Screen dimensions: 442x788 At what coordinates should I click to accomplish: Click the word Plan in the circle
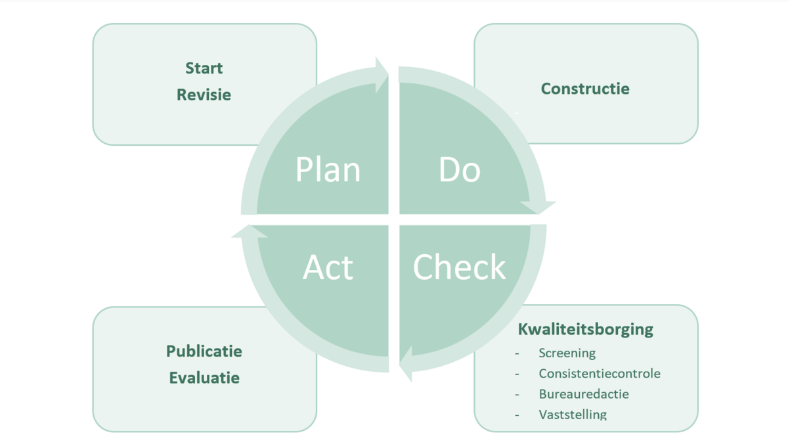point(328,170)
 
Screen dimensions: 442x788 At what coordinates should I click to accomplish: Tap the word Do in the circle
point(460,170)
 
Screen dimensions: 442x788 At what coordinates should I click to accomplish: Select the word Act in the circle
point(328,268)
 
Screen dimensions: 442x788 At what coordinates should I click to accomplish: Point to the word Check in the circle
point(460,268)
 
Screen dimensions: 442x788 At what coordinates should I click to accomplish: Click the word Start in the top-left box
point(204,68)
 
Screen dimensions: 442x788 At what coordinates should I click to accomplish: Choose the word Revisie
point(204,95)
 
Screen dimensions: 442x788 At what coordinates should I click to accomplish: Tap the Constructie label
point(585,89)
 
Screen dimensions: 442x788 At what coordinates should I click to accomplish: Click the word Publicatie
point(204,351)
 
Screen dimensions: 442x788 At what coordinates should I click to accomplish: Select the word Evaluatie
point(204,378)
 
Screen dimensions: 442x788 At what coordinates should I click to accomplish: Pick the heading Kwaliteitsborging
point(586,330)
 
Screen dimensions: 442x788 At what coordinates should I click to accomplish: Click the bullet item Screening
point(567,353)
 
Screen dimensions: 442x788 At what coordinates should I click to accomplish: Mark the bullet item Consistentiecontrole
point(600,374)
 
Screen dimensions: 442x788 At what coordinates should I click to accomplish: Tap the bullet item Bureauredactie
point(584,394)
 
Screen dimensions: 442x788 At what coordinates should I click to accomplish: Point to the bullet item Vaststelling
point(573,414)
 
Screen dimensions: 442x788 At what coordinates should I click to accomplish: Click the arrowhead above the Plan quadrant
point(381,74)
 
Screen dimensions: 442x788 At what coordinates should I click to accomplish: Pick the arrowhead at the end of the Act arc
point(249,231)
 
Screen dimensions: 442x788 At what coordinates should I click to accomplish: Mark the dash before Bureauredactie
point(517,395)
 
